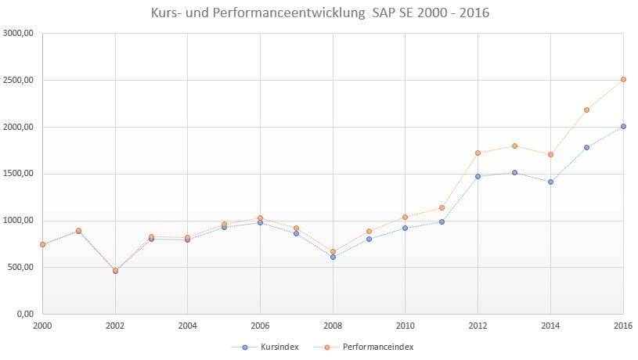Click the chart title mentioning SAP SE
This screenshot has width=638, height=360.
click(x=319, y=14)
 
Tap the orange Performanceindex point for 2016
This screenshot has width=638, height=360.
click(x=623, y=79)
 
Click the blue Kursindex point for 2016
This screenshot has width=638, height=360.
click(x=623, y=126)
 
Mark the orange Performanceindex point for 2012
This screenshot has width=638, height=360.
click(x=478, y=153)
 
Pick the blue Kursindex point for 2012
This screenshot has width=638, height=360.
click(x=478, y=176)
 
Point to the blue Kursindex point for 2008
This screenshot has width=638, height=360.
click(x=333, y=257)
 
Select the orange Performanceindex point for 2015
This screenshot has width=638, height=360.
click(x=587, y=110)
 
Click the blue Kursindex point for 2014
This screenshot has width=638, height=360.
click(x=550, y=182)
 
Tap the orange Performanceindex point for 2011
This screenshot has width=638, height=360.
click(x=442, y=207)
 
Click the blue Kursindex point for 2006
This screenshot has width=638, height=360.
click(x=260, y=222)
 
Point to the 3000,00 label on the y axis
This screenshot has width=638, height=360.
click(x=20, y=33)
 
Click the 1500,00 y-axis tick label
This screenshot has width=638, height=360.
click(x=20, y=174)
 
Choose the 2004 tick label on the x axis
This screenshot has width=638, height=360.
click(x=188, y=326)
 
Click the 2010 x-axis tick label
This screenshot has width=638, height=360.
click(x=406, y=326)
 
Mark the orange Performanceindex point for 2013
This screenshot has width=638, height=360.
click(x=514, y=146)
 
